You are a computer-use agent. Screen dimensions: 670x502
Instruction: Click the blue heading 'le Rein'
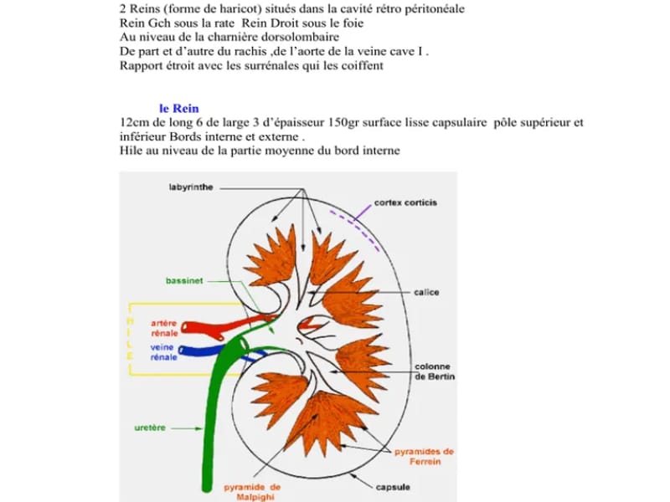[179, 109]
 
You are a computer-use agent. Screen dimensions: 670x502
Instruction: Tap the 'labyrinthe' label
[191, 187]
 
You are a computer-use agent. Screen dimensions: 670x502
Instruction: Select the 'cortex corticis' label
[405, 202]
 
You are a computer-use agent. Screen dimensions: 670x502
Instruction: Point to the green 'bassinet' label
[184, 281]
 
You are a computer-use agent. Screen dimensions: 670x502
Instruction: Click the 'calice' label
[426, 292]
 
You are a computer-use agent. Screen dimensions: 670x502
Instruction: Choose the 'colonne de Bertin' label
[435, 371]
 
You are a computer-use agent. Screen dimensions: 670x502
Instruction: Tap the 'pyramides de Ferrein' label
[425, 456]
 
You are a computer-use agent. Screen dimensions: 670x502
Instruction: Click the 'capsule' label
[393, 487]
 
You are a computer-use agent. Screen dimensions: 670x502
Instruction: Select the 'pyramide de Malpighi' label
[252, 492]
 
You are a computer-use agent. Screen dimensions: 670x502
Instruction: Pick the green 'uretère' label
[150, 428]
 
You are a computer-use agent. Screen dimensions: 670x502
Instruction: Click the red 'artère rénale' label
[164, 328]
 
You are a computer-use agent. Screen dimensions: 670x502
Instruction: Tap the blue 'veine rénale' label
[163, 352]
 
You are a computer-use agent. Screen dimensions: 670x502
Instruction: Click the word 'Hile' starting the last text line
[131, 151]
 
